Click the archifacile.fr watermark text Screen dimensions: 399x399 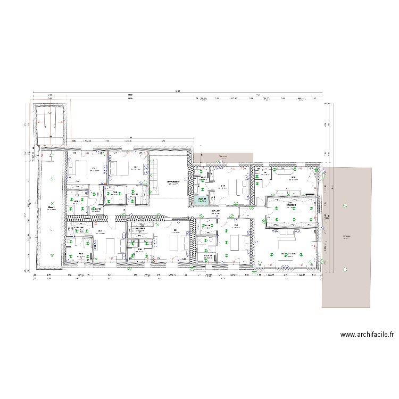[367, 335]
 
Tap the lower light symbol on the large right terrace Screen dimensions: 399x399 [346, 269]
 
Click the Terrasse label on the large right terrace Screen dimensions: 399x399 [346, 237]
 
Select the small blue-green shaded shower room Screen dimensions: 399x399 [202, 200]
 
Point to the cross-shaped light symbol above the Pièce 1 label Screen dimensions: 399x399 [51, 203]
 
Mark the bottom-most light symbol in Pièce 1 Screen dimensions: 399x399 [51, 254]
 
